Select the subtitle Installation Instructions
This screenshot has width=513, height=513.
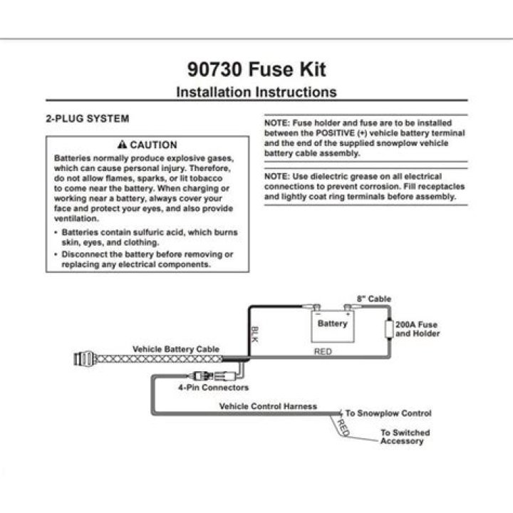pos(256,92)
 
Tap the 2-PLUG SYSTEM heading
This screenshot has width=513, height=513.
pos(88,118)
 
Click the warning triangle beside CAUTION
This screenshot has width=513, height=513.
pos(122,144)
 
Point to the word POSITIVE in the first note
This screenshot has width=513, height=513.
pos(335,133)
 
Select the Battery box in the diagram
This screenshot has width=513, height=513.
pos(333,326)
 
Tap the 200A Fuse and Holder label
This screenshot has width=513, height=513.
pos(418,329)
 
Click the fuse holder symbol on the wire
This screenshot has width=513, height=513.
pos(389,329)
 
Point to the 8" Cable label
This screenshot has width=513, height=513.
pos(374,299)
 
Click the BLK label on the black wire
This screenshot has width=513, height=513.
pos(254,334)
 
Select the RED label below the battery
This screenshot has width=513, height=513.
pos(323,351)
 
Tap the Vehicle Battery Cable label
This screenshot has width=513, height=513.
pos(176,349)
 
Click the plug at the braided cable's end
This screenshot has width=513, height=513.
pos(85,359)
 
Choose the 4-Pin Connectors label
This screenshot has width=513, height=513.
pos(213,388)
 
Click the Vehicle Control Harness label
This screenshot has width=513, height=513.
pos(268,406)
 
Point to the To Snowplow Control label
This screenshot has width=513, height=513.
pos(388,413)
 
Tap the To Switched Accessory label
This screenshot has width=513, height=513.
pos(405,437)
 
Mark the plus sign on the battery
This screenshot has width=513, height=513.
pos(348,313)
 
